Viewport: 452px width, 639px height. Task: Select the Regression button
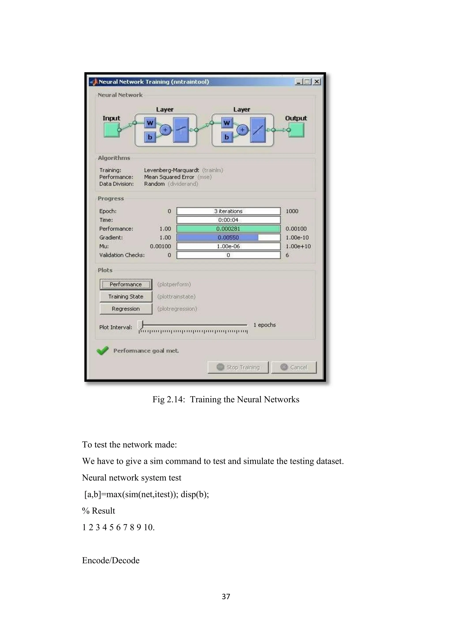point(126,309)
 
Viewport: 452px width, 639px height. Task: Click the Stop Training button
point(238,367)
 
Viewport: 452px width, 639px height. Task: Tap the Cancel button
point(294,367)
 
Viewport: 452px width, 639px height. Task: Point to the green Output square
point(296,130)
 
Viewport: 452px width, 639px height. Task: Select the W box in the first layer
point(150,123)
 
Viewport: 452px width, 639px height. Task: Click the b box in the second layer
point(227,137)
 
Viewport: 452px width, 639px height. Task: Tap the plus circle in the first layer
point(165,130)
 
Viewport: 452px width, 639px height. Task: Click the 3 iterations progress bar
point(228,211)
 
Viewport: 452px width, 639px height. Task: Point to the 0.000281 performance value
point(228,229)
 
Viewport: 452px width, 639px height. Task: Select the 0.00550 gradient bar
point(228,238)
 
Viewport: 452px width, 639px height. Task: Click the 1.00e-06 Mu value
point(228,246)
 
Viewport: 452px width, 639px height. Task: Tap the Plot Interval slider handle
point(142,325)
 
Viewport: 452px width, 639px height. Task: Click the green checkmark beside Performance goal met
point(102,351)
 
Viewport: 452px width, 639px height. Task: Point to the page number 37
point(226,596)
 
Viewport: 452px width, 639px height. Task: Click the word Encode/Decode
point(111,560)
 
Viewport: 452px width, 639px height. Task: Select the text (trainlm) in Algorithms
point(213,170)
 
